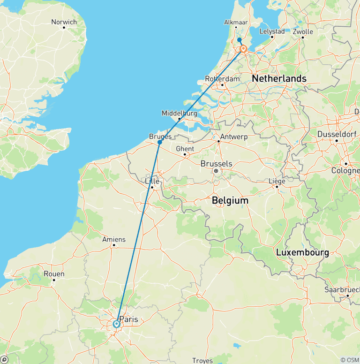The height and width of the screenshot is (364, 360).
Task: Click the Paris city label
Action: point(129,319)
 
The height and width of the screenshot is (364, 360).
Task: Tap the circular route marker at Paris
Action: point(116,324)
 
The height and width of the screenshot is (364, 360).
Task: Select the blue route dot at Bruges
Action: point(160,142)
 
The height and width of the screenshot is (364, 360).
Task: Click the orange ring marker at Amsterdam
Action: point(244,49)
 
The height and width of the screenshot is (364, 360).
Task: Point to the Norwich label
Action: point(64,22)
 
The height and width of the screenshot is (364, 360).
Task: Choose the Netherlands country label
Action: point(279,78)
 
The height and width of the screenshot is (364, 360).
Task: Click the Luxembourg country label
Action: point(302,252)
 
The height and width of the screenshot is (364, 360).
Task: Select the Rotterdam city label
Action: point(222,79)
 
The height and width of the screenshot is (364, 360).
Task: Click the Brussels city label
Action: point(216,164)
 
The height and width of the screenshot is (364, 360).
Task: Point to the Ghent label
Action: point(185,149)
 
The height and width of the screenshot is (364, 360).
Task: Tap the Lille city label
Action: point(152,181)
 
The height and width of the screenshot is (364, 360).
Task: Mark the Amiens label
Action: point(114,239)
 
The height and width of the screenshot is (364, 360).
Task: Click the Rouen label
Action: point(54,274)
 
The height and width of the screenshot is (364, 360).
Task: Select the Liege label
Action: point(277,181)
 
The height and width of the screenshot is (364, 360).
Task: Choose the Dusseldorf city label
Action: point(336,134)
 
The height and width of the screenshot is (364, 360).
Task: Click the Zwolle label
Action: point(302,32)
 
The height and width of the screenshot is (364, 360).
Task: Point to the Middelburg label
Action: point(179,113)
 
